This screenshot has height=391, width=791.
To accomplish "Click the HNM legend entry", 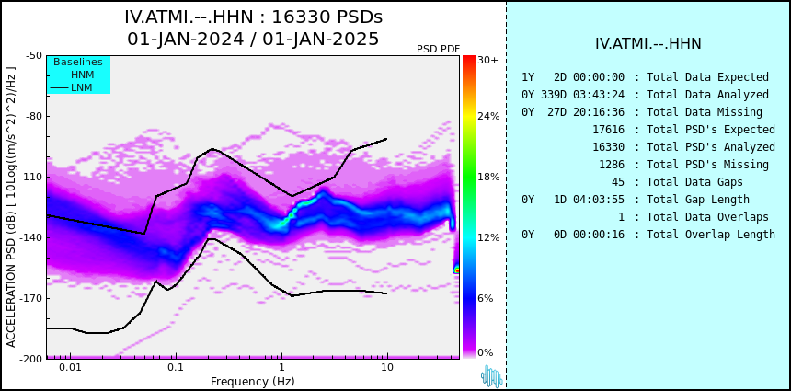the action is pyautogui.click(x=71, y=75).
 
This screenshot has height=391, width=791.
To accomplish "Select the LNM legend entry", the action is pyautogui.click(x=71, y=88).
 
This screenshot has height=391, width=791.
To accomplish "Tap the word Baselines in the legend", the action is pyautogui.click(x=78, y=62).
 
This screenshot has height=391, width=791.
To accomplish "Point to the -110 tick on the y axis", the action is pyautogui.click(x=33, y=177).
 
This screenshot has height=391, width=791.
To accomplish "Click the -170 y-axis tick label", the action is pyautogui.click(x=33, y=298).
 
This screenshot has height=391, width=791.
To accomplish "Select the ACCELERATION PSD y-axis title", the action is pyautogui.click(x=11, y=207).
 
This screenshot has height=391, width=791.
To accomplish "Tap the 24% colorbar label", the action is pyautogui.click(x=488, y=117).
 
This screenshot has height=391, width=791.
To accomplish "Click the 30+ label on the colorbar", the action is pyautogui.click(x=487, y=60).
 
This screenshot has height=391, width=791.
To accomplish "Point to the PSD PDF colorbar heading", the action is pyautogui.click(x=439, y=49).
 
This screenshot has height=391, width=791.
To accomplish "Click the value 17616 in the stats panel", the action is pyautogui.click(x=608, y=130).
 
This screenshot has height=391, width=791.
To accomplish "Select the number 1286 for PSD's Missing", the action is pyautogui.click(x=612, y=165).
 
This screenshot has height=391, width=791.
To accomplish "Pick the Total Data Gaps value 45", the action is pyautogui.click(x=618, y=181).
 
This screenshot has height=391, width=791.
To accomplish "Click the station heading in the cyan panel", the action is pyautogui.click(x=648, y=43).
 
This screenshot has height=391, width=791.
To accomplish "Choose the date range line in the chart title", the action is pyautogui.click(x=253, y=39).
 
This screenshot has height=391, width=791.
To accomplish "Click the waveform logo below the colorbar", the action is pyautogui.click(x=491, y=376).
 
